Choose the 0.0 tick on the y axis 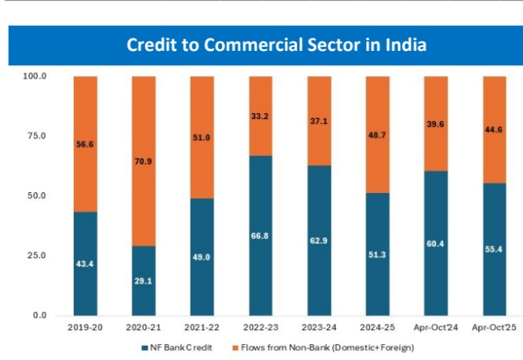[38, 315]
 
